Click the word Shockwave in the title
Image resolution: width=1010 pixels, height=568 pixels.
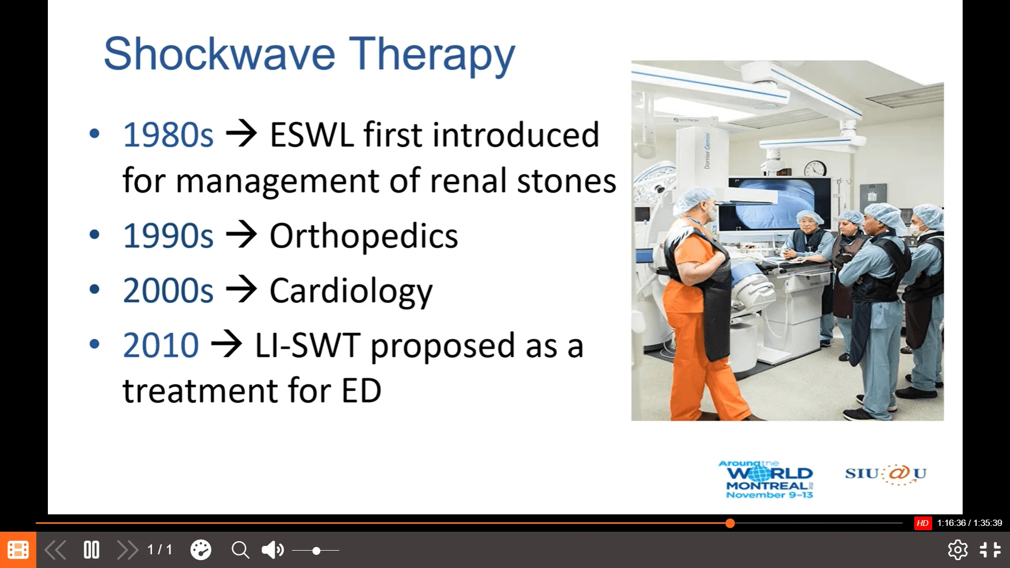219,54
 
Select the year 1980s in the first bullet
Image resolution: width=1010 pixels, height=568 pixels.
168,135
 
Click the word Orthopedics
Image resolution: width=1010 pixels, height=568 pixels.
364,236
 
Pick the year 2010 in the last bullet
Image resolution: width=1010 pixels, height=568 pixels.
161,346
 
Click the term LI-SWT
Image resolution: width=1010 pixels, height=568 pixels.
308,346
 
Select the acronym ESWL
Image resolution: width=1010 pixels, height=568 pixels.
311,135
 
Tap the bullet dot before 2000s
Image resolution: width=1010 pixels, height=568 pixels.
95,289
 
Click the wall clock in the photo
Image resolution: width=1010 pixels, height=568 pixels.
815,168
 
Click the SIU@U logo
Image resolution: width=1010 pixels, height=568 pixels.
886,474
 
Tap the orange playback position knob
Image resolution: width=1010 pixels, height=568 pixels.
730,523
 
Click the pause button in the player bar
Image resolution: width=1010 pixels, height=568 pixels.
92,550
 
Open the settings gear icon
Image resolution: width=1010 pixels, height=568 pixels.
957,550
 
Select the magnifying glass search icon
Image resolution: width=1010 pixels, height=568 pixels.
240,550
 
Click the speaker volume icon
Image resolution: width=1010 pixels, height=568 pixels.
272,550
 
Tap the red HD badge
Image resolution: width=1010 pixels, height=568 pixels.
923,523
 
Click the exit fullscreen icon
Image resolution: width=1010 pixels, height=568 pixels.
990,550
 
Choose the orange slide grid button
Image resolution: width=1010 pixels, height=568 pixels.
18,550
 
